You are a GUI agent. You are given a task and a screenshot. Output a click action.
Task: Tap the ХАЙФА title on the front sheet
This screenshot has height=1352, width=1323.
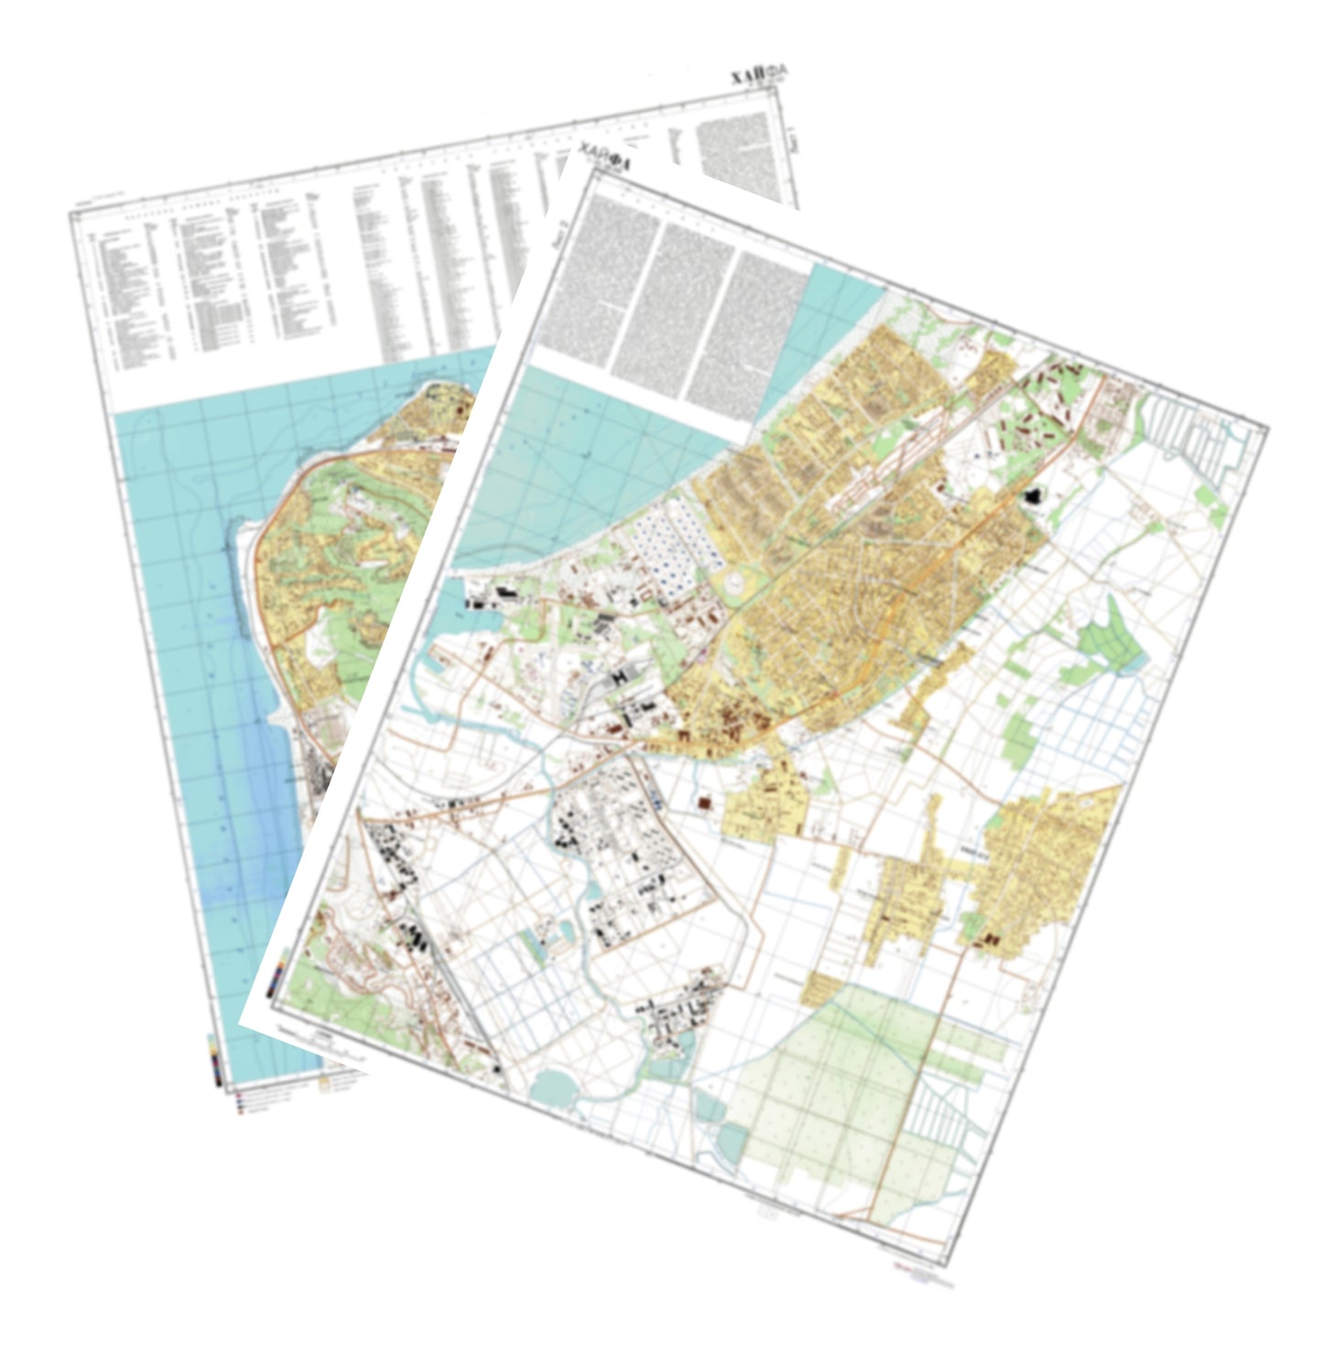tap(603, 162)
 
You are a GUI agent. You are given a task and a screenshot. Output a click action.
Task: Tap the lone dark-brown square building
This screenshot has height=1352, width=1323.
tap(705, 803)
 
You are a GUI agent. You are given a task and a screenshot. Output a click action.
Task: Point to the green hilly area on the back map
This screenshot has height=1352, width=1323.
tap(330, 550)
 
